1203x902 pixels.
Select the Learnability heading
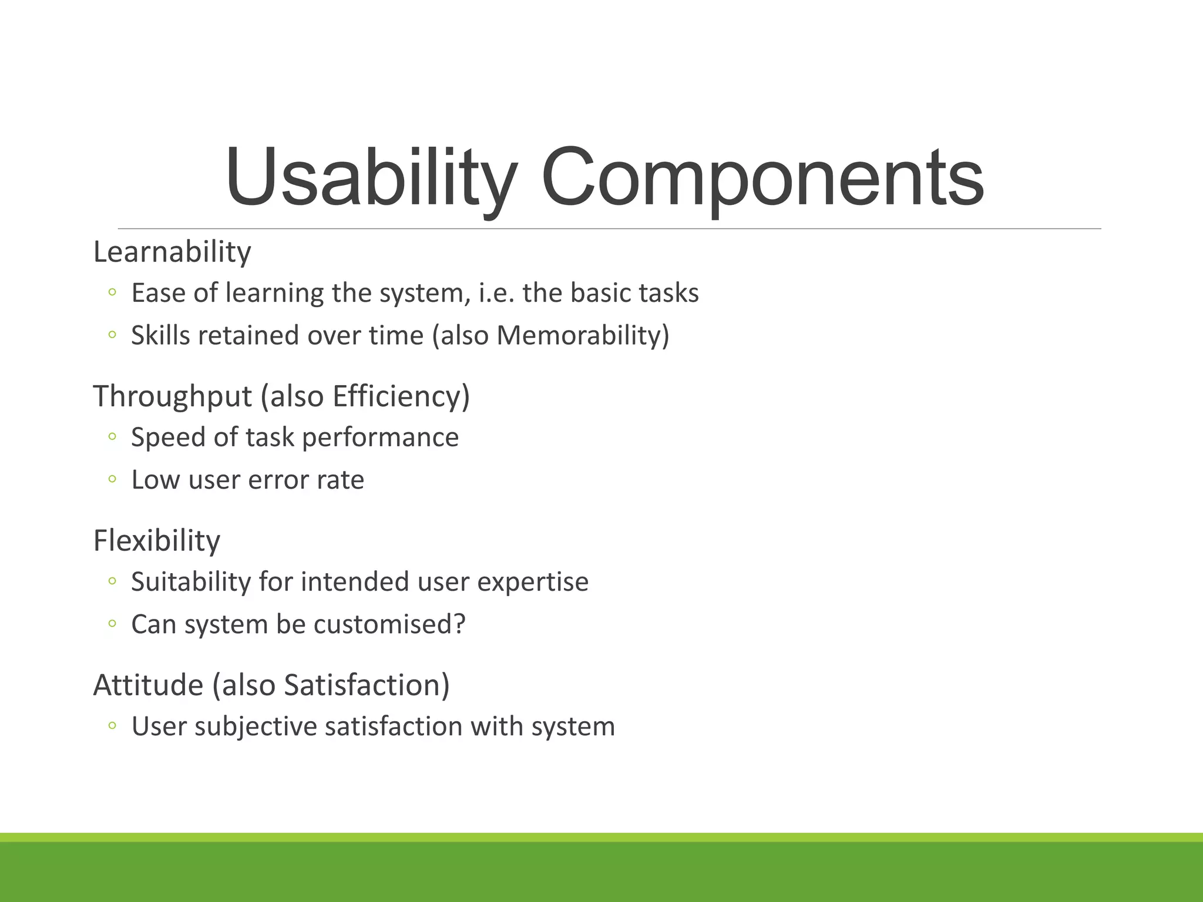click(x=172, y=252)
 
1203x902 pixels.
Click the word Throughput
click(x=172, y=396)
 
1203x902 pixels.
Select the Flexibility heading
click(x=157, y=540)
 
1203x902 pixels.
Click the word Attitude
click(x=148, y=685)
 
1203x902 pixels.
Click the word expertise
click(x=532, y=581)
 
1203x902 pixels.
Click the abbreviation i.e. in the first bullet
click(x=497, y=292)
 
